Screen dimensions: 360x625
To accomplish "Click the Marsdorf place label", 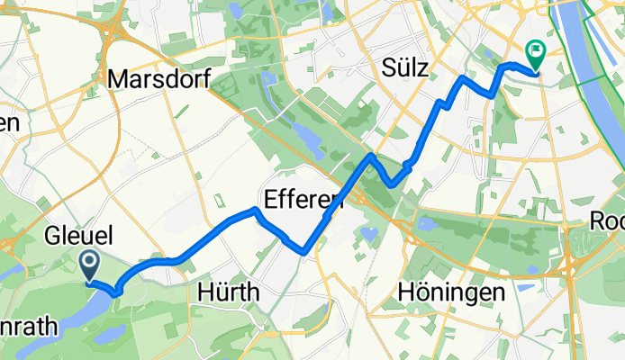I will coord(158,79).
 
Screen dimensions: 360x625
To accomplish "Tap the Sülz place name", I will coord(402,68).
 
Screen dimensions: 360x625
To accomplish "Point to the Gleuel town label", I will coord(78,237).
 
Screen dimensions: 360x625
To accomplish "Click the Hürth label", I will coord(228,292).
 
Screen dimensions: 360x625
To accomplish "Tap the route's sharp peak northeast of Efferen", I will coord(370,156).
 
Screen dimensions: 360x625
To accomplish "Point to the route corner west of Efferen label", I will coord(256,211).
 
